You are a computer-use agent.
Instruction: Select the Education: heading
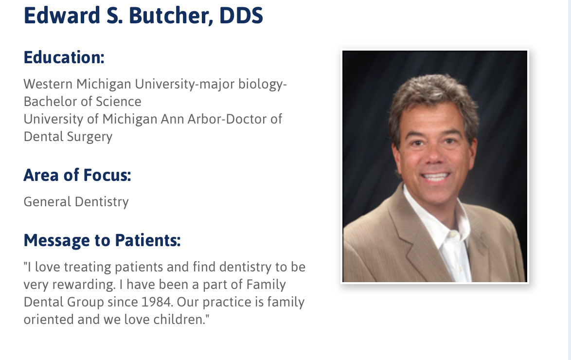(64, 58)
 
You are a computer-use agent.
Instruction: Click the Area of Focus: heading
(77, 175)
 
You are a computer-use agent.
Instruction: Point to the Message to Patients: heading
(102, 240)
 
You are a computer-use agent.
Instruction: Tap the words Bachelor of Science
(83, 102)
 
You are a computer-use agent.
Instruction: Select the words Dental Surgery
(68, 137)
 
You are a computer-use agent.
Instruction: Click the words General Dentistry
(76, 201)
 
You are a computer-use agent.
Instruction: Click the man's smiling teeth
(436, 177)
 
